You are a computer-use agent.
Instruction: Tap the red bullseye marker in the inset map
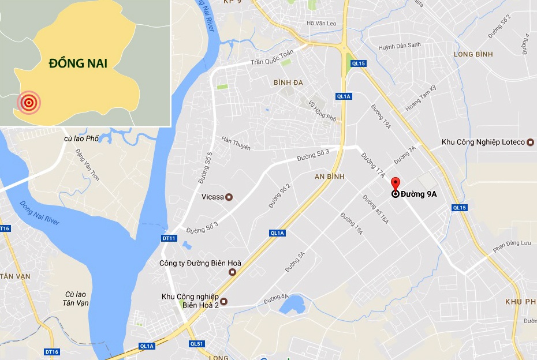28,103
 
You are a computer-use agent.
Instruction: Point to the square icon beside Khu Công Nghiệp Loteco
531,142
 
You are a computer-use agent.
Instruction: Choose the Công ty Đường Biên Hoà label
200,264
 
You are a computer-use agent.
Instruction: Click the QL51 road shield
196,344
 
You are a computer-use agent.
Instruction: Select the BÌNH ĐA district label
288,82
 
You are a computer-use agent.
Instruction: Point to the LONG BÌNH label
472,54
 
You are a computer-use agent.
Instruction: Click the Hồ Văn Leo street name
322,23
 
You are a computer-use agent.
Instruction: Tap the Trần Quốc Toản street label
272,58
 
